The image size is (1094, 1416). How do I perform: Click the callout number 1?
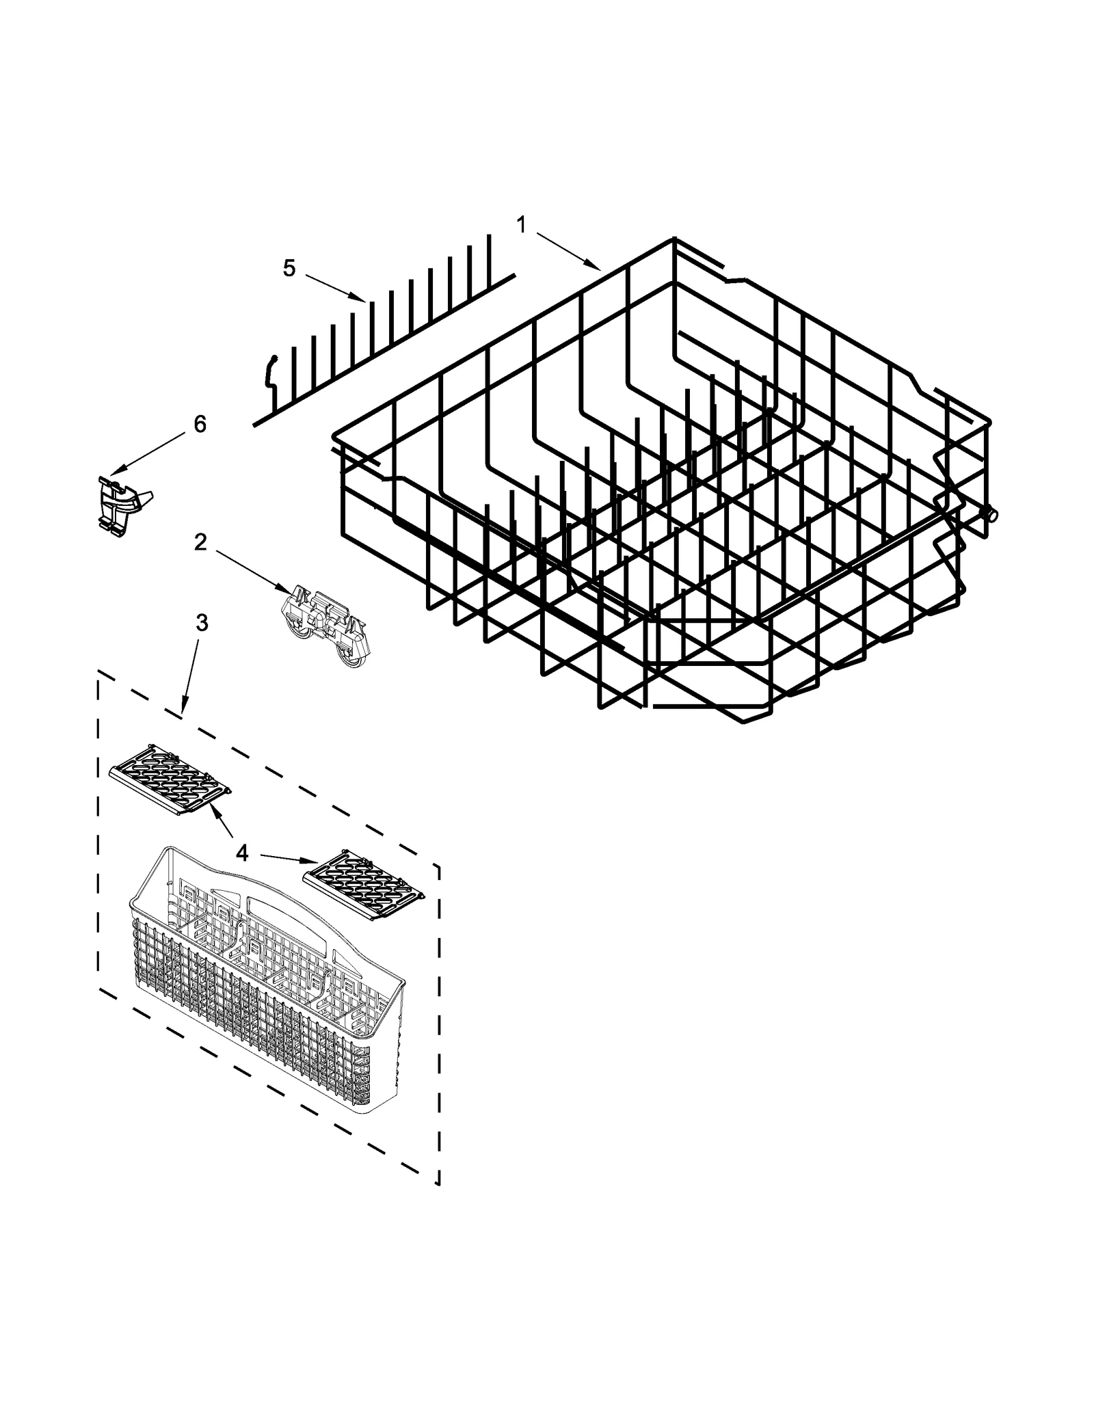522,224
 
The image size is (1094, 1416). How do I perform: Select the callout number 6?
200,425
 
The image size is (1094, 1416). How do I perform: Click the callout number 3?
202,623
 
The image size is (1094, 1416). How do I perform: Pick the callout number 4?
241,853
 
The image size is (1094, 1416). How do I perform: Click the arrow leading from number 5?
335,287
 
